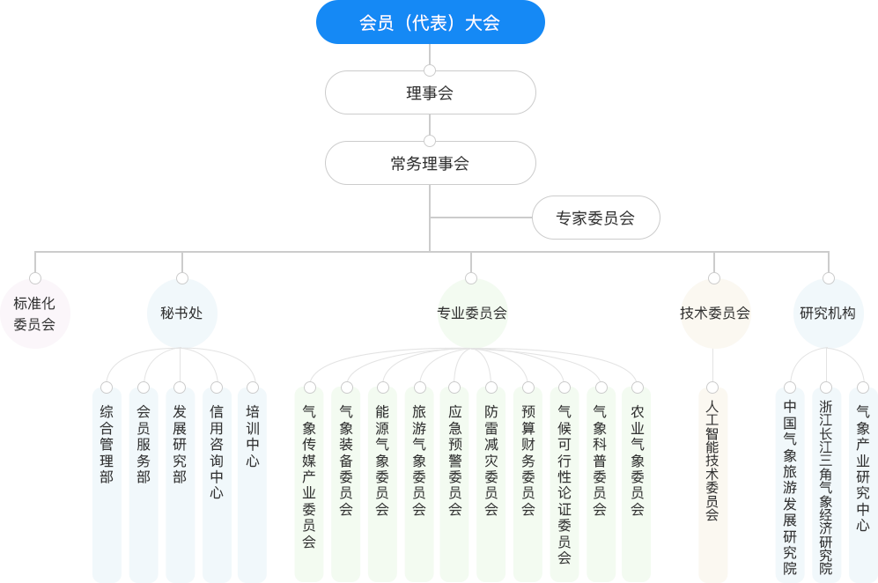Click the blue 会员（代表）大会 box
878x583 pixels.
[x=430, y=23]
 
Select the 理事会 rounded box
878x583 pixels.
[x=430, y=92]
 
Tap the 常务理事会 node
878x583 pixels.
[x=430, y=163]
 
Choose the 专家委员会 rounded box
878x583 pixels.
[x=595, y=218]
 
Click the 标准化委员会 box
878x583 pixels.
[x=34, y=314]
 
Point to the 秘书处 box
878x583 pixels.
[x=182, y=313]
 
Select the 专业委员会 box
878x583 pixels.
[x=472, y=313]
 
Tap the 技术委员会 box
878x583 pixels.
[x=714, y=313]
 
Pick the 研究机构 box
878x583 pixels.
[x=828, y=313]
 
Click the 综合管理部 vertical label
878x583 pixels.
[x=107, y=444]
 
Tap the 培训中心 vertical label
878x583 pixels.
[x=253, y=436]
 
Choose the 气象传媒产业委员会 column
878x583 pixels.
[x=309, y=476]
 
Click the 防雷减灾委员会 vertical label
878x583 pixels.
[x=491, y=460]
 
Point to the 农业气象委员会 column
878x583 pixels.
[x=638, y=460]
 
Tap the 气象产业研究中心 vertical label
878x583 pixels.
[x=863, y=468]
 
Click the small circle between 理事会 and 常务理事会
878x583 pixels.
[x=430, y=140]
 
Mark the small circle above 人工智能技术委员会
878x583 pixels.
[x=712, y=387]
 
